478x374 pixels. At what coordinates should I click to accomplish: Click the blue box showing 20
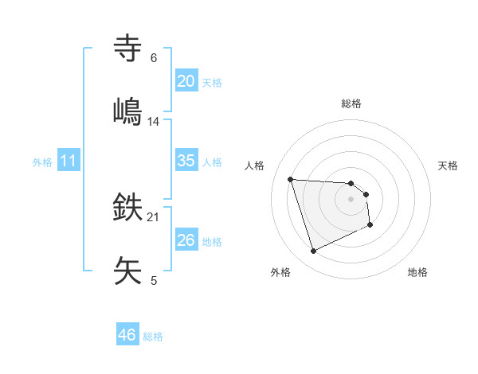[186, 81]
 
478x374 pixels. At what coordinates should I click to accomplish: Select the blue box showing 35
[186, 161]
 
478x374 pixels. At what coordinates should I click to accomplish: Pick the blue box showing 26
[186, 240]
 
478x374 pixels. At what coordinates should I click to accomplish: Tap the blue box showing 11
[69, 161]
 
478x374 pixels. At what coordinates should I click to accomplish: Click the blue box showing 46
[127, 335]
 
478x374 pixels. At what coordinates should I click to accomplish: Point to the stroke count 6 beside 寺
[154, 57]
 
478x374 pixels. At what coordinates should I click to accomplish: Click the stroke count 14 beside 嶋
[154, 121]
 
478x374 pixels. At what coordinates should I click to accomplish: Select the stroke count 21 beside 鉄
[154, 216]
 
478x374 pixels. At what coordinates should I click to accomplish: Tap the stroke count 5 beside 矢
[154, 280]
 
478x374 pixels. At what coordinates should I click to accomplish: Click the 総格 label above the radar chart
[351, 103]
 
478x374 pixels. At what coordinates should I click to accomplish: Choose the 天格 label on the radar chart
[449, 166]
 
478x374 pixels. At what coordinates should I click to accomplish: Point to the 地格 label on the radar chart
[417, 272]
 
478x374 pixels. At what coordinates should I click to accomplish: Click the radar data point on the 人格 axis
[291, 179]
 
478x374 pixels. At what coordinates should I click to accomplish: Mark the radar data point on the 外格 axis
[313, 251]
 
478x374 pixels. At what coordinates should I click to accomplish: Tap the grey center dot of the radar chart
[351, 199]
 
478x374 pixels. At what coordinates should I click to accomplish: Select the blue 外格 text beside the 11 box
[42, 162]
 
